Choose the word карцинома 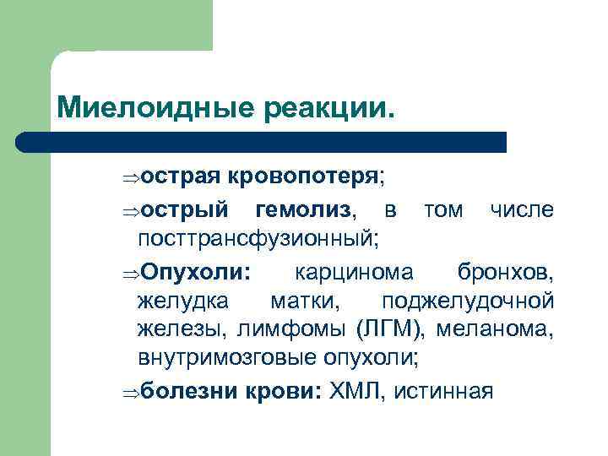pyautogui.click(x=354, y=271)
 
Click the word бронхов pyautogui.click(x=505, y=271)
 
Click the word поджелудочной pyautogui.click(x=468, y=301)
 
